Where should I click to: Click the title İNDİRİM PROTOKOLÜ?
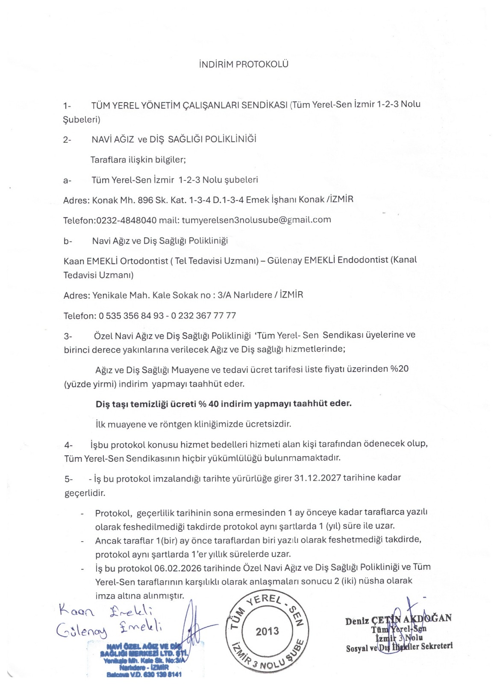(x=244, y=64)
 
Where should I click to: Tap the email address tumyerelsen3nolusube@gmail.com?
(x=256, y=220)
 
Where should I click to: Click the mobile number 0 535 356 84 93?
(x=131, y=316)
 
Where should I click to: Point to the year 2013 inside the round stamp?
(x=267, y=631)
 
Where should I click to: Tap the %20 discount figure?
(x=399, y=369)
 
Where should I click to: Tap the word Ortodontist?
(x=144, y=261)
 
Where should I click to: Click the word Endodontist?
(x=363, y=260)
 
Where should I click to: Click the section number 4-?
(x=68, y=445)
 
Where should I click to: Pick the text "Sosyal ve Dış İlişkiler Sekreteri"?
(x=399, y=647)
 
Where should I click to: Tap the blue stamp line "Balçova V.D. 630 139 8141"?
(x=144, y=674)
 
